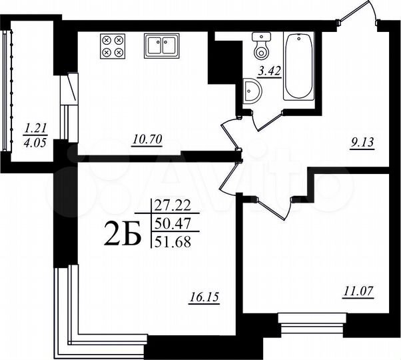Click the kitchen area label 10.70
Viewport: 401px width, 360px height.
click(x=148, y=139)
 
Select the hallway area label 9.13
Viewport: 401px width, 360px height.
click(x=368, y=141)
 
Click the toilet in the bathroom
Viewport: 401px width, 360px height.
click(x=260, y=45)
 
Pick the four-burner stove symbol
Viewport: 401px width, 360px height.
click(x=111, y=45)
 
